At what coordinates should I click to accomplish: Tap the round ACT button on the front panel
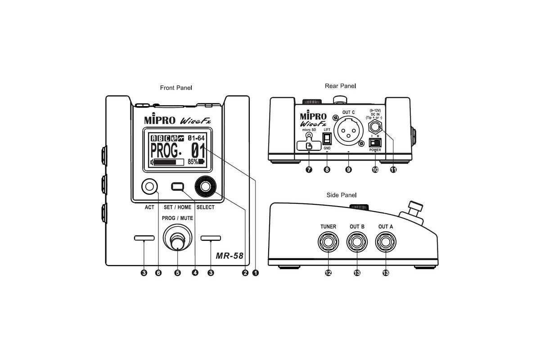point(149,186)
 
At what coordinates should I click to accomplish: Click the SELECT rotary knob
point(205,187)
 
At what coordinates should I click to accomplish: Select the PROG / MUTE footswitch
point(177,238)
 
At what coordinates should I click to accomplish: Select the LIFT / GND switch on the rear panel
point(327,138)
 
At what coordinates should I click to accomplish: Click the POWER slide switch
point(374,142)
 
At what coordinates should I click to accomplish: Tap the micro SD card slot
point(309,144)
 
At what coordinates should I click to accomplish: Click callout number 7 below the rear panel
point(309,170)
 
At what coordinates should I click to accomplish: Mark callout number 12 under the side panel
point(328,273)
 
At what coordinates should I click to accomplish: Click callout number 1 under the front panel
point(256,273)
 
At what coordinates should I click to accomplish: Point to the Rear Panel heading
point(340,85)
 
